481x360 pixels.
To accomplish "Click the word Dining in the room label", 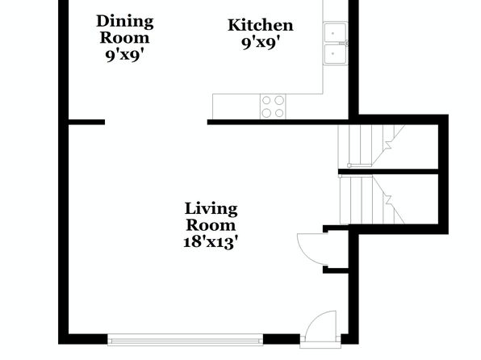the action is (125, 23).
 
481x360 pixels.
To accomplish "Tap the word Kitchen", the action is (261, 25).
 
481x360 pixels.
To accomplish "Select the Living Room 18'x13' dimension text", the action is (211, 242).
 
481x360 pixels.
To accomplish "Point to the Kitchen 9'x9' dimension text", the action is (261, 43).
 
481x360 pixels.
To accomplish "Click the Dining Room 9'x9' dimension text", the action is (125, 56).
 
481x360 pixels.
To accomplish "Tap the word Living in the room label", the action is (211, 210).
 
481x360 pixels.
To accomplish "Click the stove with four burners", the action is (273, 107).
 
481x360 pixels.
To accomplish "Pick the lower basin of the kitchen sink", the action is (336, 54).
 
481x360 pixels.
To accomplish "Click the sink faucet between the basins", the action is (345, 44).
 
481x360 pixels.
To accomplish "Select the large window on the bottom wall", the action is (186, 340).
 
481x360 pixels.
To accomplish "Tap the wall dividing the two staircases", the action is (388, 172).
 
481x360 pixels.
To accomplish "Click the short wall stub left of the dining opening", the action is (86, 122).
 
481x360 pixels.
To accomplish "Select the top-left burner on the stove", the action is (266, 100).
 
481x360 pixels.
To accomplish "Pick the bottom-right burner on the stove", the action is (279, 113).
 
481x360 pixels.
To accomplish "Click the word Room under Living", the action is (211, 225).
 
